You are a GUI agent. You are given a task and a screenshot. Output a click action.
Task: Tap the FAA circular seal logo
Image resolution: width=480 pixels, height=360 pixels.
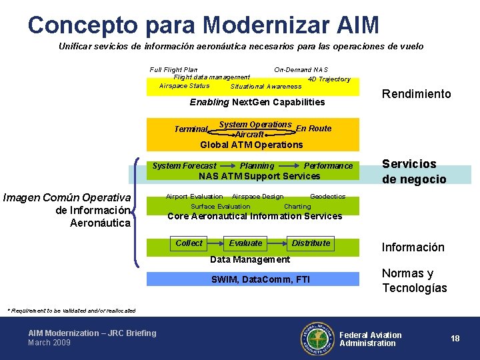tap(317, 339)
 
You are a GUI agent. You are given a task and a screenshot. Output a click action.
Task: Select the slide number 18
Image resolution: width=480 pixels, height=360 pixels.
tap(455, 339)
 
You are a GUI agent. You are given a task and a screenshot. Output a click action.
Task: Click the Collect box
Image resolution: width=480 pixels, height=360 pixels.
tap(189, 243)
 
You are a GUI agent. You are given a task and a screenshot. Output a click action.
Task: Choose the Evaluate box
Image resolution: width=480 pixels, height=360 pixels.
tap(245, 243)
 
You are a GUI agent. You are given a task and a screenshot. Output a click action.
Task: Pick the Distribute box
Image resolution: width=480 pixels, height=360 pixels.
tap(311, 243)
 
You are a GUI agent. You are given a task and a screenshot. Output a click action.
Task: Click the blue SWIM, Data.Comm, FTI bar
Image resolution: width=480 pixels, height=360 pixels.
tap(261, 279)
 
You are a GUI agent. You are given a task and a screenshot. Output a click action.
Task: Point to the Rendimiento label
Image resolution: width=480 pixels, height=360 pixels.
tap(416, 94)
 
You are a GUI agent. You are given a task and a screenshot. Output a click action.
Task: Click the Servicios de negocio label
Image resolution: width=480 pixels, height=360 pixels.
tap(413, 171)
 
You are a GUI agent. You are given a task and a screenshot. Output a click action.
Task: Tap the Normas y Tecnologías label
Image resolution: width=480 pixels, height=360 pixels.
tap(414, 281)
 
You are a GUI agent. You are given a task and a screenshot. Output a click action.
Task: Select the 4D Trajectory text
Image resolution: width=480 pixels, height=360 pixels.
tap(329, 79)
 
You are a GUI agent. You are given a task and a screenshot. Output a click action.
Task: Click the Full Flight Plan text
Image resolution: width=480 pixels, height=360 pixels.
tap(173, 69)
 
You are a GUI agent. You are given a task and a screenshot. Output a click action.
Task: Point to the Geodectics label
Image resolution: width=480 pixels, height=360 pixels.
tap(327, 197)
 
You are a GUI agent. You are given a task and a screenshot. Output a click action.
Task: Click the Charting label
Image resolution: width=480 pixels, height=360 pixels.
tap(297, 207)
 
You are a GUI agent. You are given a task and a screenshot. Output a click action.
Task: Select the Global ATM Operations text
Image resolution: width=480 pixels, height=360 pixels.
tap(251, 145)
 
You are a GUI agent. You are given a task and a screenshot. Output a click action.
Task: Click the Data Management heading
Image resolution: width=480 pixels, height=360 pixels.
tap(250, 259)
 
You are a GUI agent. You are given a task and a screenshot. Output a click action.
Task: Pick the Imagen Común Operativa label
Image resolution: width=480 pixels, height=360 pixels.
tap(67, 197)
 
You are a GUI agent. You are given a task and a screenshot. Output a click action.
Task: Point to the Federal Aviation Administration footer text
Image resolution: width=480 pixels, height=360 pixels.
tap(371, 339)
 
